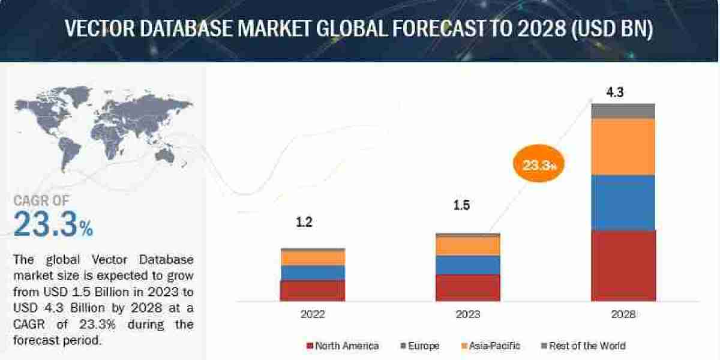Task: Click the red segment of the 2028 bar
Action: [x=623, y=265]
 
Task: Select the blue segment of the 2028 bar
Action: [x=623, y=203]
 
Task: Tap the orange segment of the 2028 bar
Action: [x=623, y=146]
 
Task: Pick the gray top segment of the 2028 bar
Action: [x=623, y=110]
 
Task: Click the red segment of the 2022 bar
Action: [x=313, y=290]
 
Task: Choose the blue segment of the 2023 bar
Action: [x=467, y=265]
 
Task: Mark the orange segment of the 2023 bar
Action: [x=467, y=245]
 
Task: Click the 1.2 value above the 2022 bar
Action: [x=304, y=222]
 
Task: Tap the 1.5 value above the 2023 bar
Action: [x=461, y=206]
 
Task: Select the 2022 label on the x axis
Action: [x=313, y=314]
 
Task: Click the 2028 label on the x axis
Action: [x=623, y=314]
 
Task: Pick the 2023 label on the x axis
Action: [x=467, y=314]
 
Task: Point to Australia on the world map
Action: [x=164, y=155]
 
